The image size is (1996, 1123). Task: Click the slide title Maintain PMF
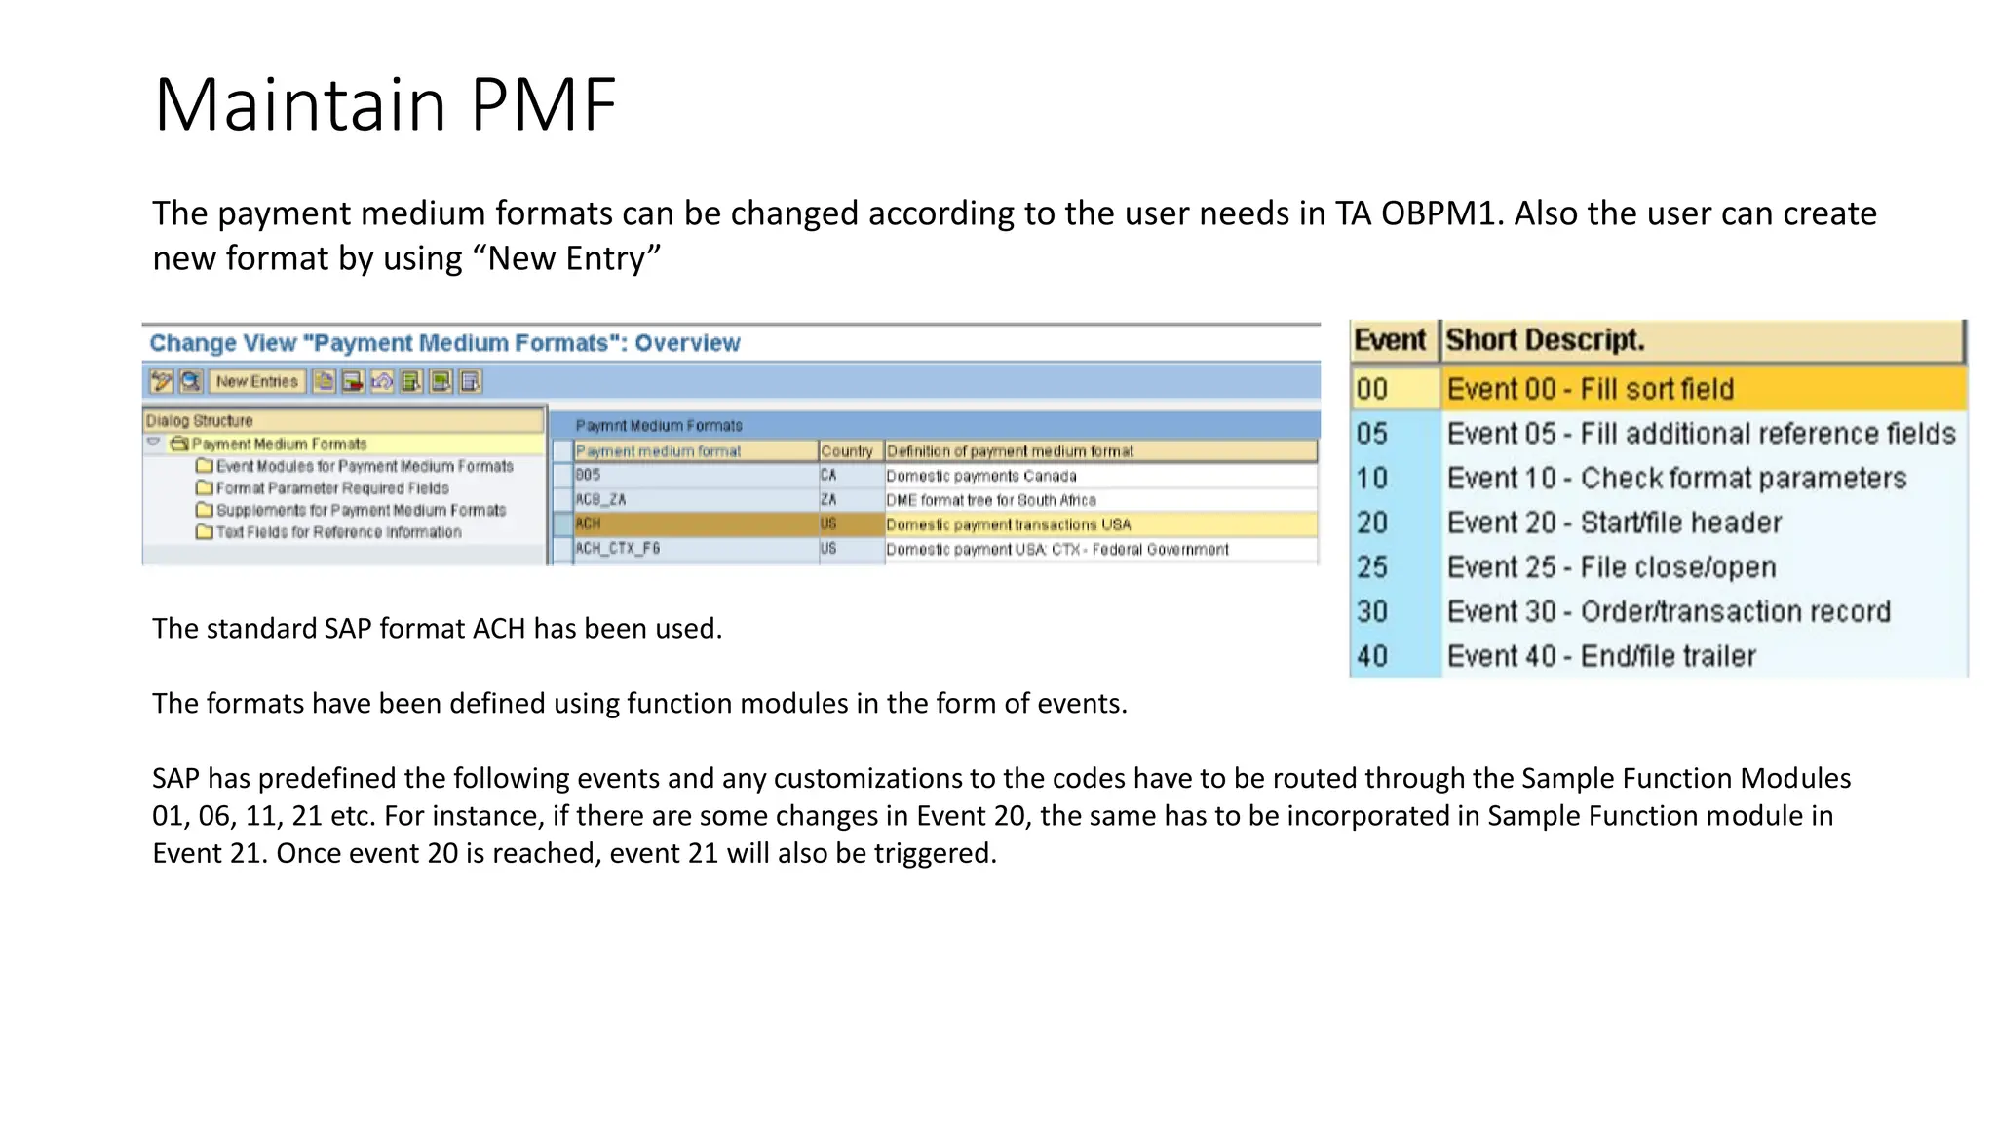385,104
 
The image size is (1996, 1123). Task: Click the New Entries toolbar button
256,381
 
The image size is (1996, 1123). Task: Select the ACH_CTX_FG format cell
618,549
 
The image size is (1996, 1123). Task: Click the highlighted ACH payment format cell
589,524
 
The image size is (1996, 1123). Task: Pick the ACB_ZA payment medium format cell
600,500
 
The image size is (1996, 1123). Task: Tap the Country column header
847,451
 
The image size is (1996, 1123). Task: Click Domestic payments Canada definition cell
981,476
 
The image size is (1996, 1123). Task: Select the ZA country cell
828,500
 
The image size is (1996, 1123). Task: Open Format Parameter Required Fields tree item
331,488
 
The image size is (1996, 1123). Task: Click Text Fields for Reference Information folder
337,532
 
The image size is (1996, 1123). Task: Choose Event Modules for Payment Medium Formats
364,467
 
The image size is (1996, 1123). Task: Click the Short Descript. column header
1545,340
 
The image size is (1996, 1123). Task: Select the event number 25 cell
1372,567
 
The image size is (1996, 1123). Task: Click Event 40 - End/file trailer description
1601,656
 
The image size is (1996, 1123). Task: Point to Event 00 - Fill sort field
1590,389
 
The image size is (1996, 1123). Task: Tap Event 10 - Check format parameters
1676,479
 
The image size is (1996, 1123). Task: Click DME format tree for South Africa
991,500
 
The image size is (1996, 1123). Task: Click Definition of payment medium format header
1010,451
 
